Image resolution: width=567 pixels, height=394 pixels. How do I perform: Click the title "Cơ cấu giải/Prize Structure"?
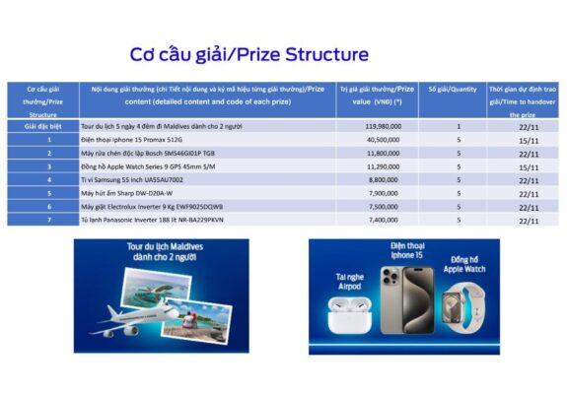tap(249, 53)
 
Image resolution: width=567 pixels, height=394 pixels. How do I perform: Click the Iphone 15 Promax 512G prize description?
tap(133, 140)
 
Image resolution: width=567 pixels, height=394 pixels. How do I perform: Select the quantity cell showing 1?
tap(459, 126)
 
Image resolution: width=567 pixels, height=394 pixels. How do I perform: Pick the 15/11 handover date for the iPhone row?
tap(524, 140)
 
